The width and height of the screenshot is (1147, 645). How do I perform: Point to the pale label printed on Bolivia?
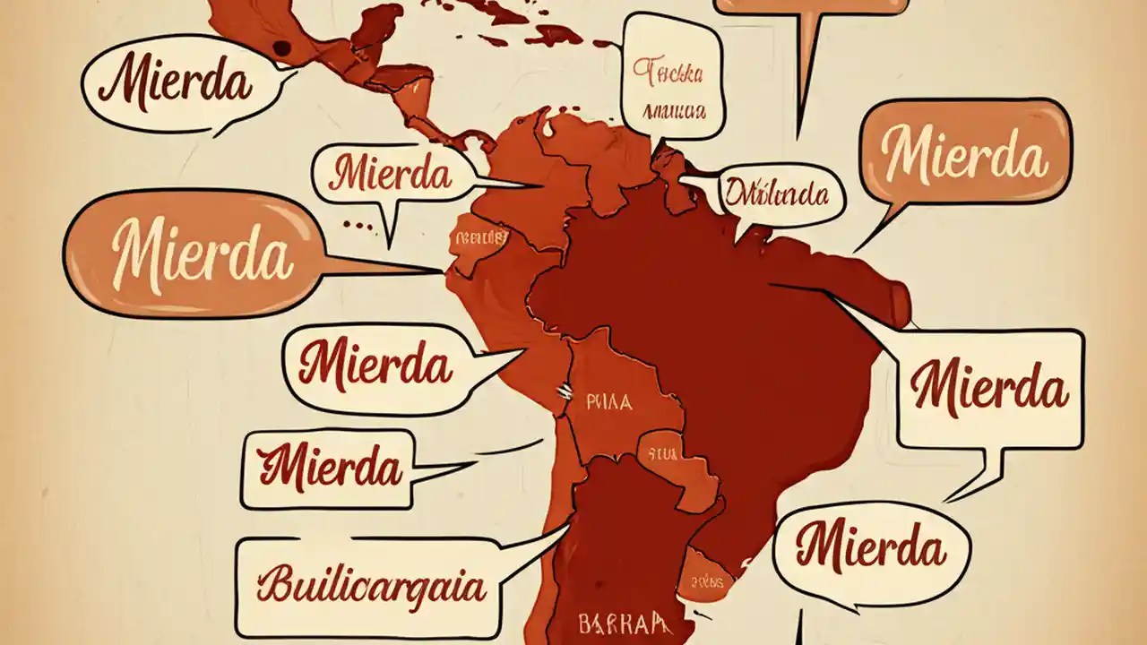[608, 402]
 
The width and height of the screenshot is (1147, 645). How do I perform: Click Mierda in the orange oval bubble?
[203, 254]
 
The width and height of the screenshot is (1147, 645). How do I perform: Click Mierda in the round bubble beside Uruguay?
[870, 546]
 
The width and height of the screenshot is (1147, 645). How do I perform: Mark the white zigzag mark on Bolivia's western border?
[565, 390]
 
